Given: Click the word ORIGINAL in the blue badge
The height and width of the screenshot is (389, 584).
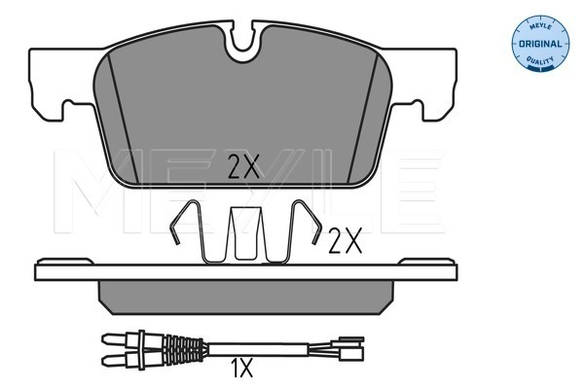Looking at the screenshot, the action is click(x=540, y=44).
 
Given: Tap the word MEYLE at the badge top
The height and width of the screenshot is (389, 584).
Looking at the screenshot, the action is click(x=540, y=26).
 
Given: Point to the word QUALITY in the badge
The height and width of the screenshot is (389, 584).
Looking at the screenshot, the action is click(x=540, y=59).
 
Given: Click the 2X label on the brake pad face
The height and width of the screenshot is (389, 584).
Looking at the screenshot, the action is click(x=243, y=166).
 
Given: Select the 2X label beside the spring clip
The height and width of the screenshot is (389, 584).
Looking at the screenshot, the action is click(x=346, y=240).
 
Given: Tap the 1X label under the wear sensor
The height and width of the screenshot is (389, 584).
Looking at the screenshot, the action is click(x=241, y=368).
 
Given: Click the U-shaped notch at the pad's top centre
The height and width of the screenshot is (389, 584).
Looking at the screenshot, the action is click(x=242, y=42).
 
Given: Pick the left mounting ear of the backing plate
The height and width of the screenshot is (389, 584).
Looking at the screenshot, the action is click(x=61, y=84).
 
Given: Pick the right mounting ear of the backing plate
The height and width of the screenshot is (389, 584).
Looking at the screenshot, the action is click(x=423, y=84).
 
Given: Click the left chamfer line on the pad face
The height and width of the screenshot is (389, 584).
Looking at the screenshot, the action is click(x=123, y=119).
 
